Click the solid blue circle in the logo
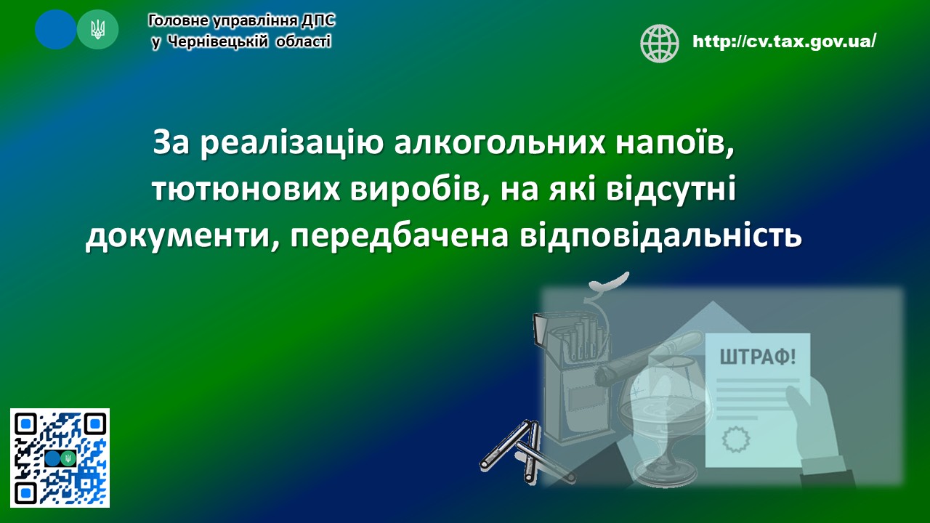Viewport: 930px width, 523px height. [x=55, y=30]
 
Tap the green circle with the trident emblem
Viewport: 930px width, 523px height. [x=97, y=30]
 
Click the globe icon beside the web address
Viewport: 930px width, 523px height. [x=659, y=43]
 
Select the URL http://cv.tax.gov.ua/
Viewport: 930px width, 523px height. [x=784, y=41]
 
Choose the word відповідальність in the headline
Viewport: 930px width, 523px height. [x=660, y=236]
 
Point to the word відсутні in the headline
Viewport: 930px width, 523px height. [x=671, y=189]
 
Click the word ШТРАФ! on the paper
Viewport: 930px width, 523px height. [x=758, y=357]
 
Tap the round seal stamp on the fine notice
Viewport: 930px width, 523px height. [x=737, y=439]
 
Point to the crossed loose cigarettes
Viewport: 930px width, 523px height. [x=527, y=453]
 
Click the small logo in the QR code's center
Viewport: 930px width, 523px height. [x=60, y=458]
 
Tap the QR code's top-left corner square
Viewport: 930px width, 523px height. [x=25, y=423]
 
